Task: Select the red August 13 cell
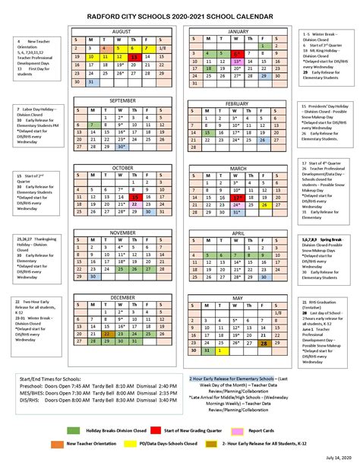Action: [134, 56]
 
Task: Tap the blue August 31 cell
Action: [91, 82]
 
